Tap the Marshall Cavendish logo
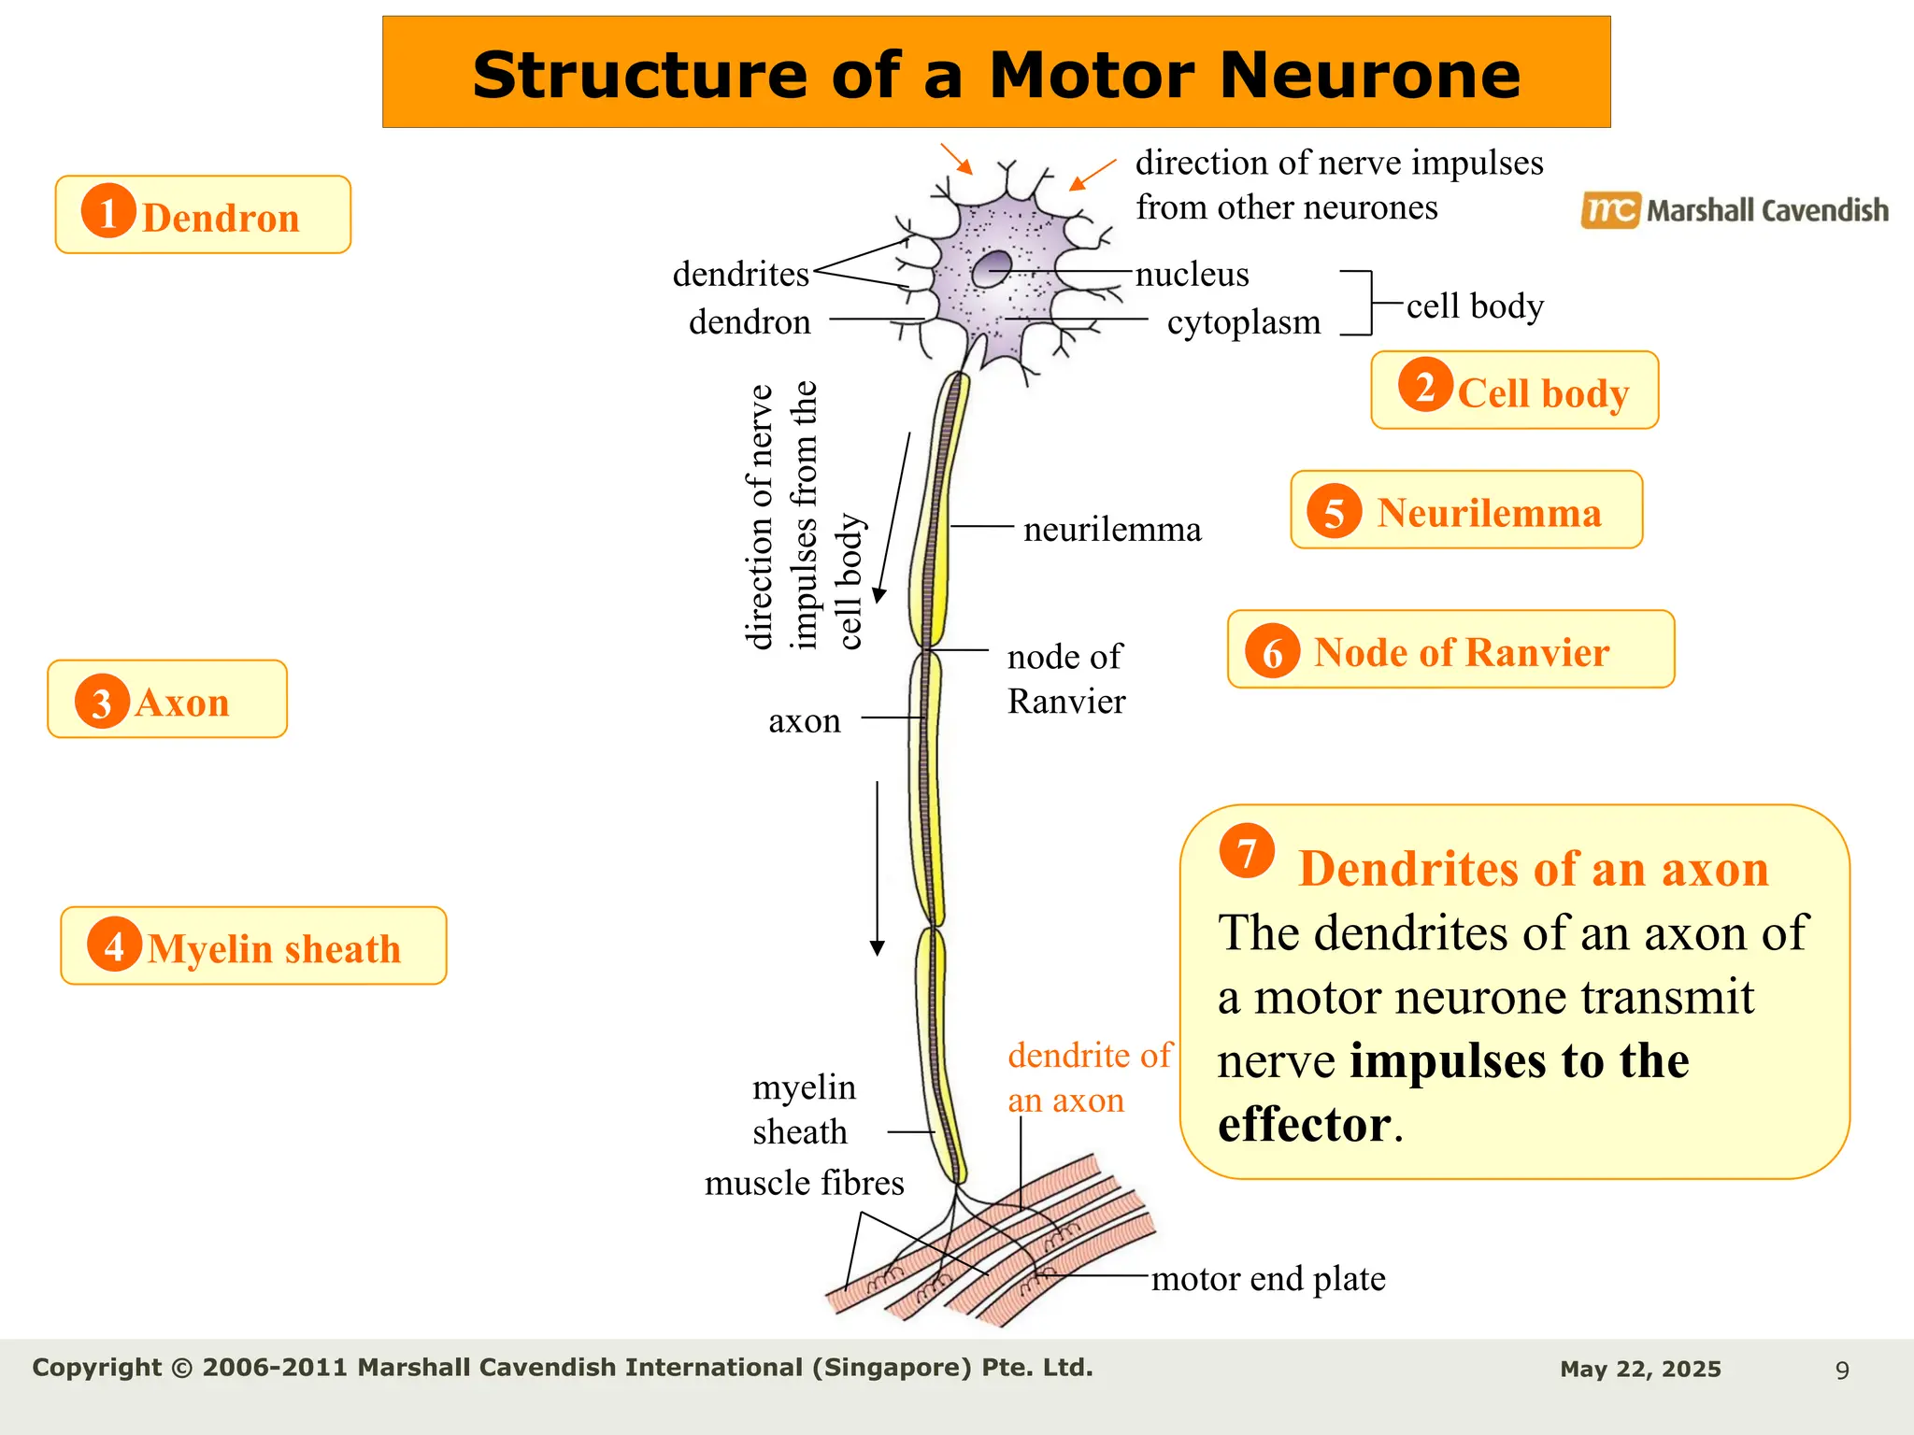1735,210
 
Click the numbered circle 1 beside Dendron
108,211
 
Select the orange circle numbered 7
1247,851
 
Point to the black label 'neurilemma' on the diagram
1112,530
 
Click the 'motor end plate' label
1268,1278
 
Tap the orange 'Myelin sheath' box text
274,949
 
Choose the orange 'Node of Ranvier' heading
1461,652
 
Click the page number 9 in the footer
1842,1371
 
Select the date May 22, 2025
1640,1370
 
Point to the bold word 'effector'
1304,1124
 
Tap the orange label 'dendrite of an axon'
1088,1077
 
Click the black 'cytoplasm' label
1244,322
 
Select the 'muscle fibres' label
804,1184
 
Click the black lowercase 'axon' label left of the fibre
804,721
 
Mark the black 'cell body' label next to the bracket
1475,305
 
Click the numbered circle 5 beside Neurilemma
1335,512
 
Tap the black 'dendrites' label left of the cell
740,274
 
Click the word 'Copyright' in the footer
96,1368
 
